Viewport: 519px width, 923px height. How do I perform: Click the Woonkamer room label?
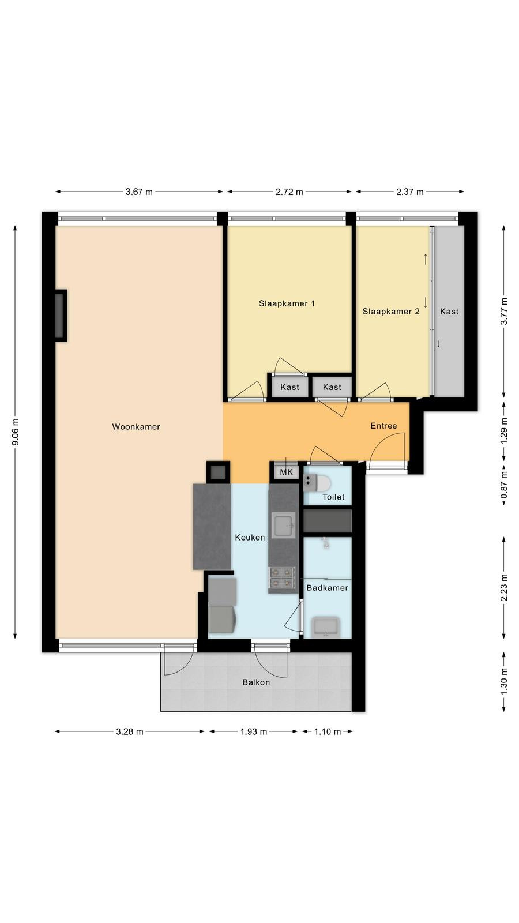coord(136,426)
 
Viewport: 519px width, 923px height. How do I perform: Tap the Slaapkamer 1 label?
coord(287,303)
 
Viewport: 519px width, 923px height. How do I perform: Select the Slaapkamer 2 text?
coord(391,311)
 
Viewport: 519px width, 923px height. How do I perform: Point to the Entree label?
coord(383,426)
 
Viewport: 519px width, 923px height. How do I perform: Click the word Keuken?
coord(250,537)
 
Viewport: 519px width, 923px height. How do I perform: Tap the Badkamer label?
coord(327,588)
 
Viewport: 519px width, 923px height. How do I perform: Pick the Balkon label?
coord(256,682)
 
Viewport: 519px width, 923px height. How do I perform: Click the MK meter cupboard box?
coord(286,472)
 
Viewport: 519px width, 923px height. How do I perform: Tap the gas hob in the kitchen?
coord(282,577)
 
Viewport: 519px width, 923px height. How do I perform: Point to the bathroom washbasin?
coord(325,627)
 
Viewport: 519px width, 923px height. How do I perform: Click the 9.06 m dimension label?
coord(16,432)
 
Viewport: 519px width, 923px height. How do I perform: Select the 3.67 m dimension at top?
coord(139,192)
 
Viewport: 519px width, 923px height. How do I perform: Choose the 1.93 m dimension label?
coord(253,731)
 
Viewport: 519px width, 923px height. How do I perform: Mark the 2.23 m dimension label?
coord(504,587)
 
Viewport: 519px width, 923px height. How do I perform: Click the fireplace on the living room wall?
coord(61,315)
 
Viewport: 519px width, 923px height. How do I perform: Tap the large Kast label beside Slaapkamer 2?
coord(449,311)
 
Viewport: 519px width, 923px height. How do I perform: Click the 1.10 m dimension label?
coord(328,731)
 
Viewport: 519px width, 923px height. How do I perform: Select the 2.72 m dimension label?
coord(289,192)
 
